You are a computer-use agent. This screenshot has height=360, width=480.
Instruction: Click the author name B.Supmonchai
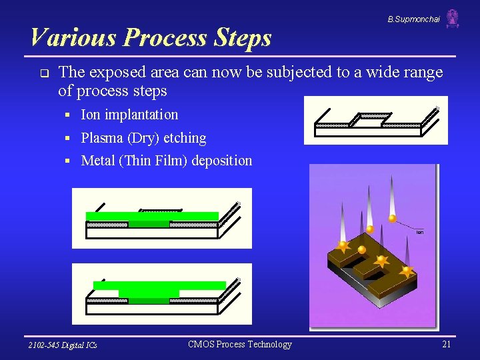[413, 19]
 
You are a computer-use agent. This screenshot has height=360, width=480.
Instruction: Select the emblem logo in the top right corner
[453, 19]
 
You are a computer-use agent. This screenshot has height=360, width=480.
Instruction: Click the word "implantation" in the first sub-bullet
[141, 115]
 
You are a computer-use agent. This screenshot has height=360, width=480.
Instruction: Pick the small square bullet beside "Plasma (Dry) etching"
[68, 139]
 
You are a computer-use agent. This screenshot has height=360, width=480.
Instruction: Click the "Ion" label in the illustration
[419, 232]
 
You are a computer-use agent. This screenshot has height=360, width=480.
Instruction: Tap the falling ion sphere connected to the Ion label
[393, 218]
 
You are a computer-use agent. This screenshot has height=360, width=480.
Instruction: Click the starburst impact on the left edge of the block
[343, 246]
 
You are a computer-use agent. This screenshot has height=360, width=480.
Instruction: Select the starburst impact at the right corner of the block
[406, 271]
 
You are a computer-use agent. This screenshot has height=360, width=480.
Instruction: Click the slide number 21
[446, 344]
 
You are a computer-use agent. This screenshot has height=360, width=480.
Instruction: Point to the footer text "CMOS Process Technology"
[240, 344]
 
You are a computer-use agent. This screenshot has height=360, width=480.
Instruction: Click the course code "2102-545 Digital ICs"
[63, 345]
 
